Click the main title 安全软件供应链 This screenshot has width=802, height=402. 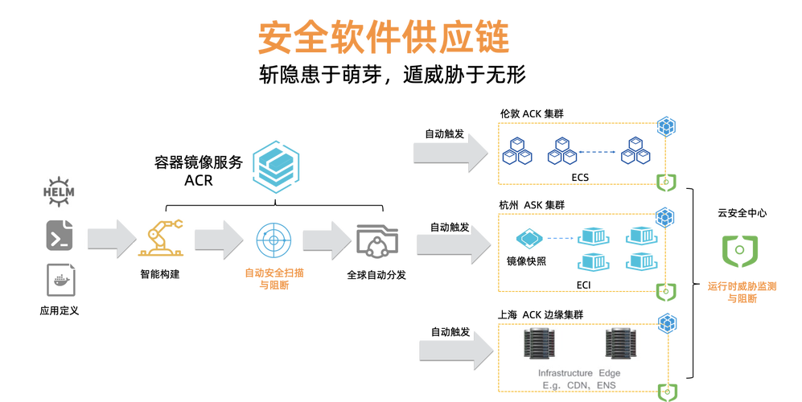pyautogui.click(x=384, y=37)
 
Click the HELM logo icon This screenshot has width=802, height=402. pyautogui.click(x=58, y=192)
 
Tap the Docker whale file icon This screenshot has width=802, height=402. pyautogui.click(x=61, y=281)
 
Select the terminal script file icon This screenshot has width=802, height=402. pyautogui.click(x=60, y=236)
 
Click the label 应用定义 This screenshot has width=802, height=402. pyautogui.click(x=60, y=310)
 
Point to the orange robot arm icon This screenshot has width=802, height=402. pyautogui.click(x=161, y=237)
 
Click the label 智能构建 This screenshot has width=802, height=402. pyautogui.click(x=160, y=274)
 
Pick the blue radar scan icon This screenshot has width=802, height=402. pyautogui.click(x=274, y=240)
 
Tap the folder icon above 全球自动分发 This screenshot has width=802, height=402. pyautogui.click(x=377, y=240)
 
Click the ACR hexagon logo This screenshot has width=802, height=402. pyautogui.click(x=276, y=166)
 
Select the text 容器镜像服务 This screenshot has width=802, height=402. pyautogui.click(x=199, y=162)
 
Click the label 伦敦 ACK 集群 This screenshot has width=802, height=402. pyautogui.click(x=532, y=113)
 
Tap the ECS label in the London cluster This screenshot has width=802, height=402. pyautogui.click(x=580, y=178)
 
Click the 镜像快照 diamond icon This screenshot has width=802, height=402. pyautogui.click(x=528, y=238)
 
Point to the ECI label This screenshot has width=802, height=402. pyautogui.click(x=583, y=285)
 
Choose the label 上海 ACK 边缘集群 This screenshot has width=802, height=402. pyautogui.click(x=541, y=314)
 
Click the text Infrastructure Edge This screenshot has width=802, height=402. pyautogui.click(x=579, y=373)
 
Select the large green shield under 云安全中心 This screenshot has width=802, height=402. pyautogui.click(x=739, y=251)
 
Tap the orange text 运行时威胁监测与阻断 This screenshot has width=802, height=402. pyautogui.click(x=742, y=292)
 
